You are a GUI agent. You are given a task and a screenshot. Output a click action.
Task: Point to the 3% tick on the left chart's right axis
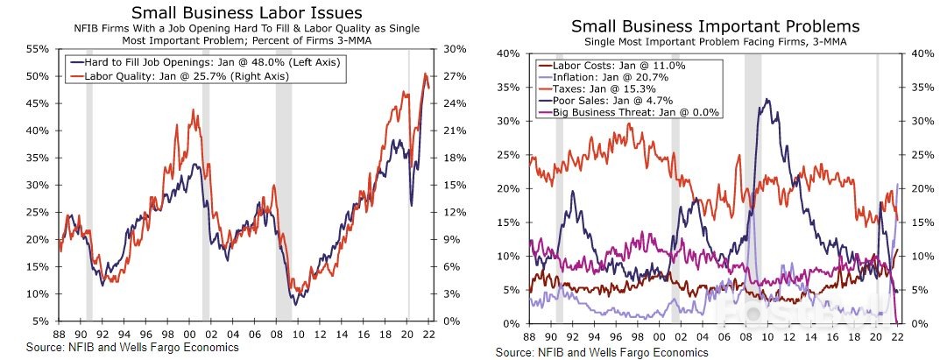point(449,293)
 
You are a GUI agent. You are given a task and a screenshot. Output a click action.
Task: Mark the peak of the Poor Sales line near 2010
point(767,100)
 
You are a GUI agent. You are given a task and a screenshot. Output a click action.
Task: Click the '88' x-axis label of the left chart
point(59,334)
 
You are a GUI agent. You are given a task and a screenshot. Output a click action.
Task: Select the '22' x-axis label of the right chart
point(897,337)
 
